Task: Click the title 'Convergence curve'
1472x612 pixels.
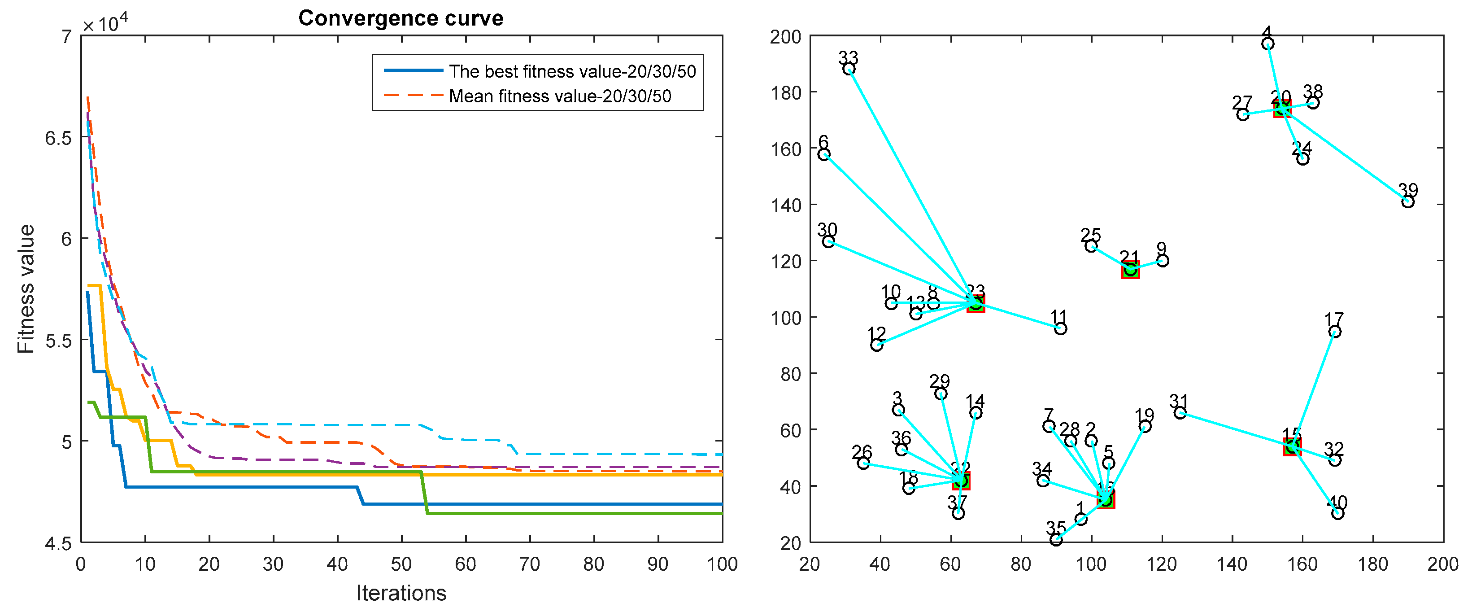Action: coord(401,18)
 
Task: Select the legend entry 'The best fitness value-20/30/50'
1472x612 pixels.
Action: coord(571,71)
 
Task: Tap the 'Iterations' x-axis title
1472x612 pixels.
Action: coord(401,593)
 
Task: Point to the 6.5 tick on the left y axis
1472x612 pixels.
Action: coord(58,138)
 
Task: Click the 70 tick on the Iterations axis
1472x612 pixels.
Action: coord(530,564)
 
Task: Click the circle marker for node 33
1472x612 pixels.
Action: coord(849,69)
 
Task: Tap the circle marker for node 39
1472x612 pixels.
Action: coord(1408,202)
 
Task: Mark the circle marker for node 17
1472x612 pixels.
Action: coord(1335,332)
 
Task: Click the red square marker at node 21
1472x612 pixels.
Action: coord(1130,270)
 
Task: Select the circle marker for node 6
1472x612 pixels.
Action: coord(824,155)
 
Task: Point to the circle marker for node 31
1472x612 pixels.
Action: coord(1180,413)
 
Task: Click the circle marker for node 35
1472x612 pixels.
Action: coord(1056,539)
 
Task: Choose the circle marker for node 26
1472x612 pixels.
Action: coord(863,463)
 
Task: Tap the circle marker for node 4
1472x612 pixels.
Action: coord(1267,44)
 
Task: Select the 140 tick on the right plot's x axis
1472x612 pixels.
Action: coord(1232,564)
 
